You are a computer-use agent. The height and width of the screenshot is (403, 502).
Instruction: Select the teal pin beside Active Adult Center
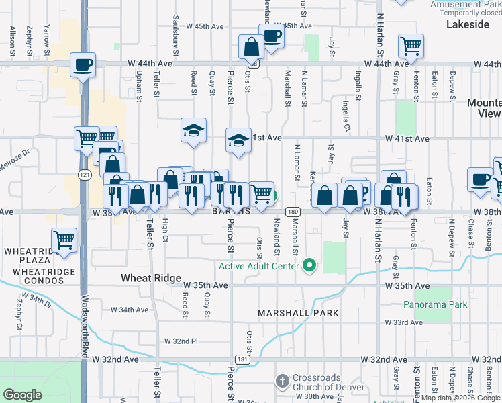[x=309, y=266]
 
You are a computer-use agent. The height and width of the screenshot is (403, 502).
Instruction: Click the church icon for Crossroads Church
[x=282, y=382]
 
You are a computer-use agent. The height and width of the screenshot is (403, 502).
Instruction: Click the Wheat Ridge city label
[x=151, y=278]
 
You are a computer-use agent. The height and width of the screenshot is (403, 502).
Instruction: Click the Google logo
[x=23, y=394]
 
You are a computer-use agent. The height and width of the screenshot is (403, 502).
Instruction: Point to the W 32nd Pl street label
[x=181, y=341]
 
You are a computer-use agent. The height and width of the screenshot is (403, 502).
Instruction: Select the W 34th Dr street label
[x=37, y=300]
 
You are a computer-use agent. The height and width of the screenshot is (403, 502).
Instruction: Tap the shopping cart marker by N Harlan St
[x=410, y=47]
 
